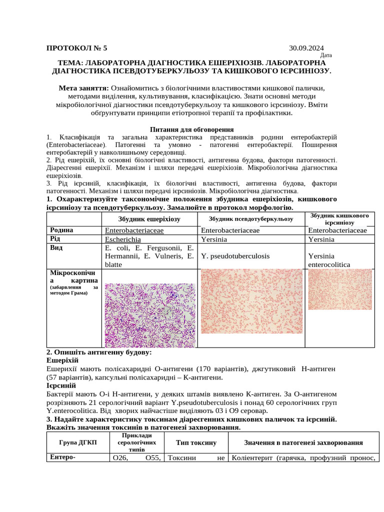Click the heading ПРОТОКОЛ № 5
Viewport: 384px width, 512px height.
point(76,48)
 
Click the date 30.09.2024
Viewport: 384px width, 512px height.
point(306,48)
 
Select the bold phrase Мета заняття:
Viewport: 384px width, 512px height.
point(83,88)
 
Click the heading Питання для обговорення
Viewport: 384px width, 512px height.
point(192,129)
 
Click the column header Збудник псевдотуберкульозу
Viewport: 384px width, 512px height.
point(251,218)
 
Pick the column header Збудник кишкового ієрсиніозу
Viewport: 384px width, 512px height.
point(339,218)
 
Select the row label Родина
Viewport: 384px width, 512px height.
point(61,230)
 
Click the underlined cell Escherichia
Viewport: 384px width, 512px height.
point(123,239)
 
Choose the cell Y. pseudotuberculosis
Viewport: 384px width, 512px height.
point(235,255)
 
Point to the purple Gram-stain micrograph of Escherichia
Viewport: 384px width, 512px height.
point(149,315)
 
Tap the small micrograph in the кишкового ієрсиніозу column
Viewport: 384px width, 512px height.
point(339,289)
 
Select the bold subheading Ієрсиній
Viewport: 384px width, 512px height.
point(61,385)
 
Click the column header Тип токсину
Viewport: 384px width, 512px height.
point(196,443)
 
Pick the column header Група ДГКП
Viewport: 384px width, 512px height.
point(77,443)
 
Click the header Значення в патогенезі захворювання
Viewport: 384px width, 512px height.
point(303,443)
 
